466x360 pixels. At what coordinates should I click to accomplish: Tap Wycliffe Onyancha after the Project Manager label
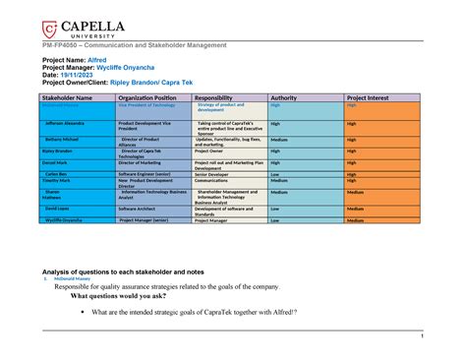[137, 67]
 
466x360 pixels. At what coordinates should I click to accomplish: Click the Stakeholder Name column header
[66, 98]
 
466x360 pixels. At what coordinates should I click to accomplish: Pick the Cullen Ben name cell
[68, 173]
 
